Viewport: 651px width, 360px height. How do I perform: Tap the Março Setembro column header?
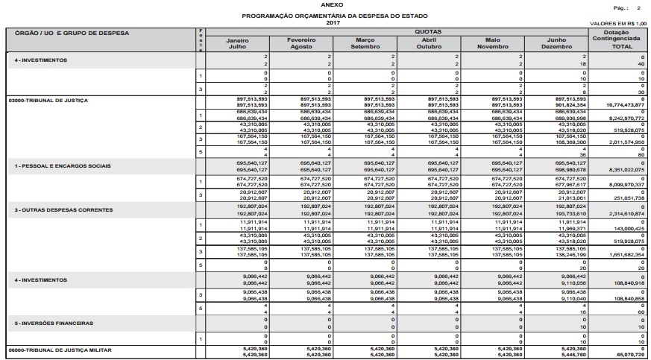(x=365, y=43)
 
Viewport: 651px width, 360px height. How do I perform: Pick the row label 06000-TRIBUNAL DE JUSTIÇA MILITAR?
(x=58, y=350)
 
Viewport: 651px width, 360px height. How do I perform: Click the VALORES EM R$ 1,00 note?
(x=617, y=23)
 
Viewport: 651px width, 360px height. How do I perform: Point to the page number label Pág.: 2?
(x=626, y=7)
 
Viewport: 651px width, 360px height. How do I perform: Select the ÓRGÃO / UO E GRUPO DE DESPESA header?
(x=69, y=33)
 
